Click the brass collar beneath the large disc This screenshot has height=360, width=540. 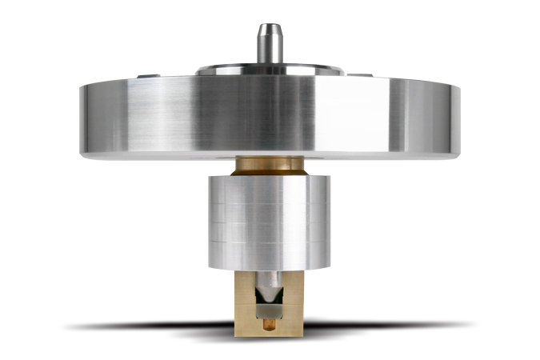270,166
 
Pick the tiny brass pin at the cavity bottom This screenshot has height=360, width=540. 270,323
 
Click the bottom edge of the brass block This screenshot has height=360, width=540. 270,334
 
